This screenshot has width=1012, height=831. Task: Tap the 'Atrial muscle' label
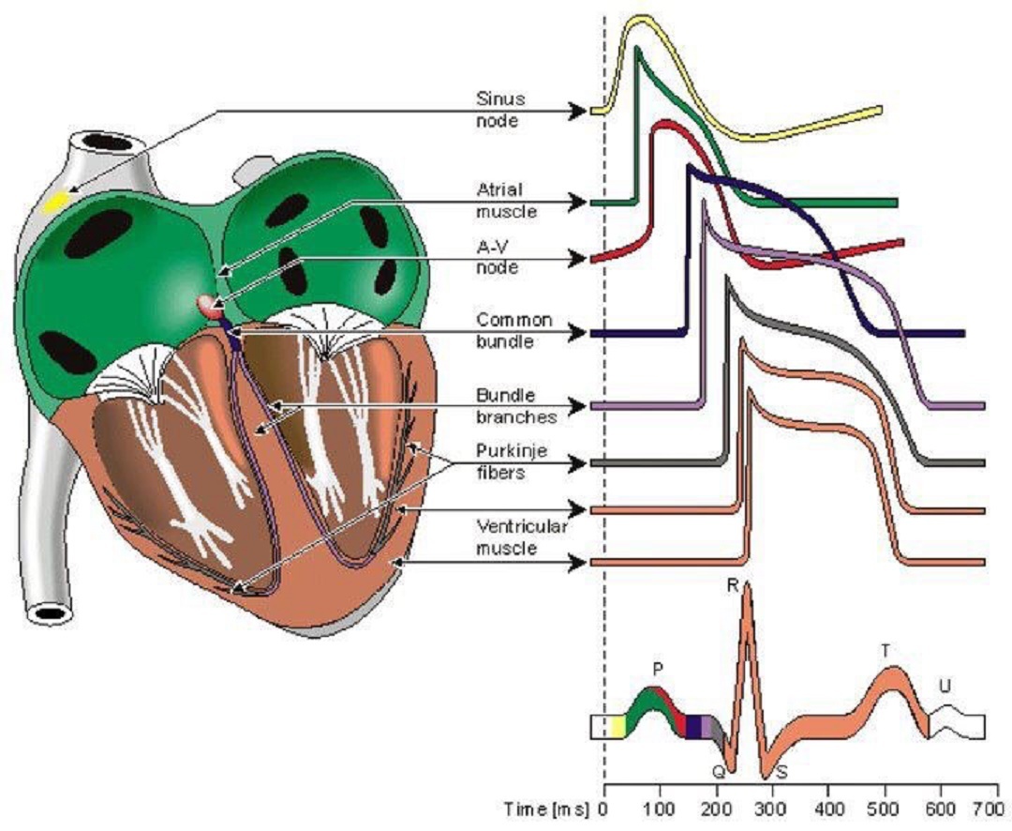(x=505, y=199)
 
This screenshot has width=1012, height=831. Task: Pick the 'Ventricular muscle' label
(x=507, y=537)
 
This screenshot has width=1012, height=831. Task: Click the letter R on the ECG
(x=733, y=586)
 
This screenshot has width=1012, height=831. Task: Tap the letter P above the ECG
(x=658, y=669)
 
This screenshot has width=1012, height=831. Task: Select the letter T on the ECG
(x=885, y=650)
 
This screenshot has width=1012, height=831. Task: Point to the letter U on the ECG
(x=944, y=687)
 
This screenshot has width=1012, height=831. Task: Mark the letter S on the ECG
(x=781, y=773)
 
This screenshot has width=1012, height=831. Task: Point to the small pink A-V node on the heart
(x=207, y=304)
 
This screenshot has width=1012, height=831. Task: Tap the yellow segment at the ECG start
(x=618, y=727)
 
